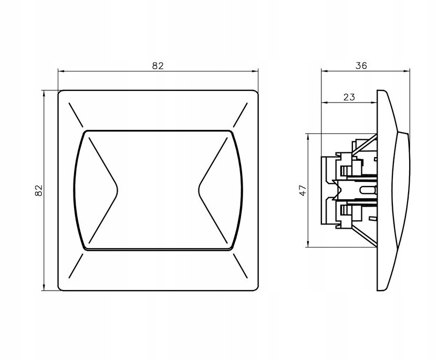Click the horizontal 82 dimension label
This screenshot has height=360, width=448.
tap(158, 66)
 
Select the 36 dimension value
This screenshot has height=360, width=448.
tap(361, 66)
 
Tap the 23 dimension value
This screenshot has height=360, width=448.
tap(349, 97)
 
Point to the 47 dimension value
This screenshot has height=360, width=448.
tap(303, 190)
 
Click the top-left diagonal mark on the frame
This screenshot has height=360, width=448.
tap(76, 115)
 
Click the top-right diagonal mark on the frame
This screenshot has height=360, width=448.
tap(240, 115)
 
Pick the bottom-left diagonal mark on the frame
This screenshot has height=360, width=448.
tap(76, 265)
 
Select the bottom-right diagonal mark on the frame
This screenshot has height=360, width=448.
tap(240, 265)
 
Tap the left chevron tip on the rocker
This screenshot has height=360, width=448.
tap(118, 190)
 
